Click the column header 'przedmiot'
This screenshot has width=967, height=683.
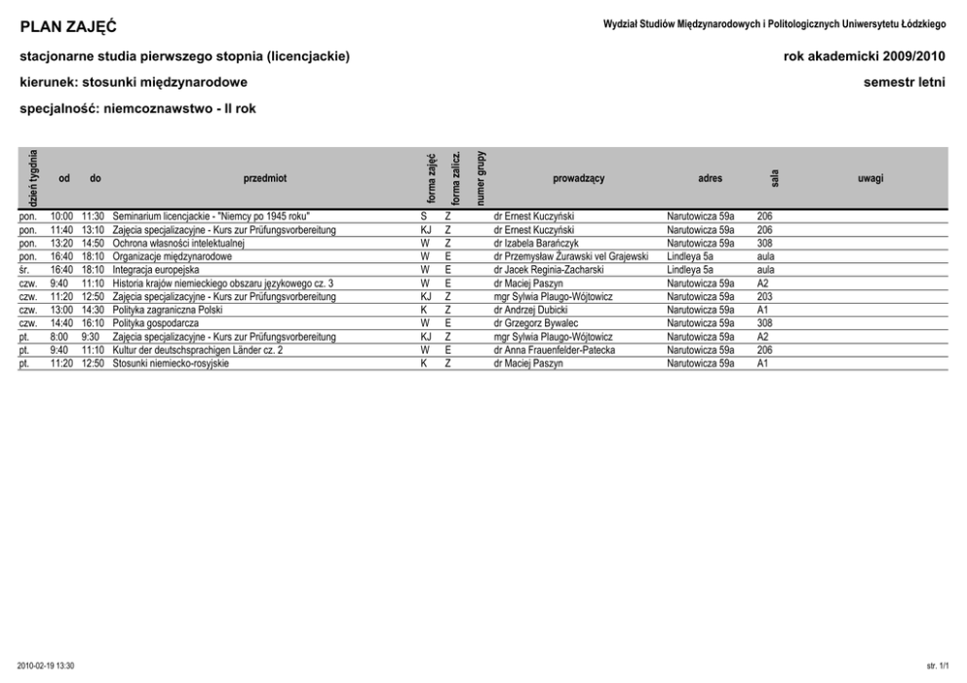(x=265, y=178)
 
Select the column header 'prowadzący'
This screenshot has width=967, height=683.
(x=578, y=178)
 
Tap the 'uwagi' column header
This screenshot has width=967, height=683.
(x=870, y=178)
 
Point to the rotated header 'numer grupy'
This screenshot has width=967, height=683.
(x=481, y=177)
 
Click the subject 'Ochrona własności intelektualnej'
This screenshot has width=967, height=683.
(x=177, y=243)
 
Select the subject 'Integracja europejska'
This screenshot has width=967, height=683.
(x=156, y=270)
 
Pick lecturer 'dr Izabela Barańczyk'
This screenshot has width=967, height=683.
(x=536, y=243)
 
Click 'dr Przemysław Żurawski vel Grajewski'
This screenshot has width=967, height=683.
(x=571, y=256)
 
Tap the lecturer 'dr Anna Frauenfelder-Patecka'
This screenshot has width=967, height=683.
(x=555, y=350)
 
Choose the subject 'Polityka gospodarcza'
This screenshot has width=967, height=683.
(x=156, y=323)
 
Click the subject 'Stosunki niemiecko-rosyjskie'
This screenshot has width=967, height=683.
(x=171, y=363)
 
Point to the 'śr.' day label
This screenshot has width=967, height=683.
(x=25, y=270)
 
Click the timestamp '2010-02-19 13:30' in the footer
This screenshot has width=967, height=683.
(x=46, y=665)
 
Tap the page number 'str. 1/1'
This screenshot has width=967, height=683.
(x=937, y=665)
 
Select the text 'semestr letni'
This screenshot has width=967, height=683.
(x=904, y=83)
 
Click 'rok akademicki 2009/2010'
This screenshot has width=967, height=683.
(x=864, y=57)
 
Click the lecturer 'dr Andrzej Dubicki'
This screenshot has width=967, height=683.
(x=531, y=310)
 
